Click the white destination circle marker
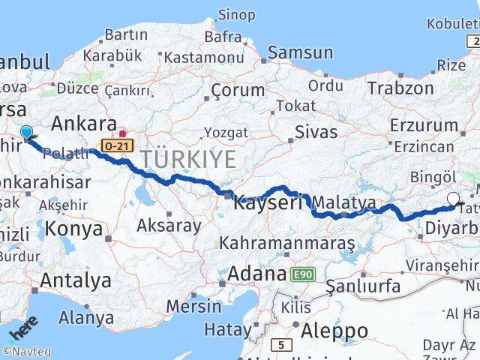click(x=453, y=199)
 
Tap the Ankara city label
click(x=83, y=123)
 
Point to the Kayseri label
click(x=267, y=202)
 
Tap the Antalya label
click(x=76, y=281)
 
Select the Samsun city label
click(x=300, y=52)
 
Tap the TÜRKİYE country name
click(x=188, y=159)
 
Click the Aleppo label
click(x=334, y=331)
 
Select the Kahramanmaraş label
click(x=286, y=243)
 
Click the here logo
click(x=23, y=329)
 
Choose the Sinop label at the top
click(x=235, y=14)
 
